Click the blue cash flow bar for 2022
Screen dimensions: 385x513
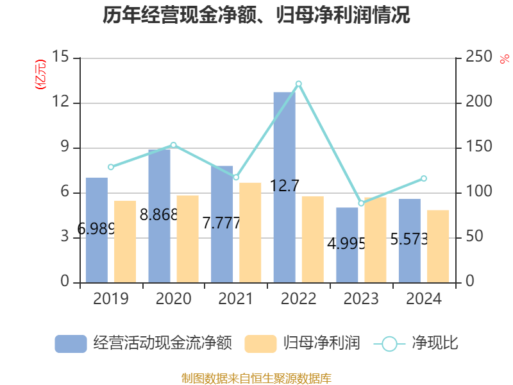(x=285, y=187)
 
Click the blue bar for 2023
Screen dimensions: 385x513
(x=348, y=244)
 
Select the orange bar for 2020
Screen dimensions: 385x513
(x=188, y=238)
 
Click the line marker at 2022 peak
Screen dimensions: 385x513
(x=298, y=83)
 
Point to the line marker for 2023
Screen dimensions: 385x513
(x=361, y=203)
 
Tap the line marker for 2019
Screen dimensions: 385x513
(x=111, y=167)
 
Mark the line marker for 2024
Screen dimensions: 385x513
(x=423, y=178)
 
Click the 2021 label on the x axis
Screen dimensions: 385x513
(x=235, y=299)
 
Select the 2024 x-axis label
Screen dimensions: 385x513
(x=423, y=299)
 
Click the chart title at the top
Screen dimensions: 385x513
(x=256, y=15)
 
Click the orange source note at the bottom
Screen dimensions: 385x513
(x=256, y=378)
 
